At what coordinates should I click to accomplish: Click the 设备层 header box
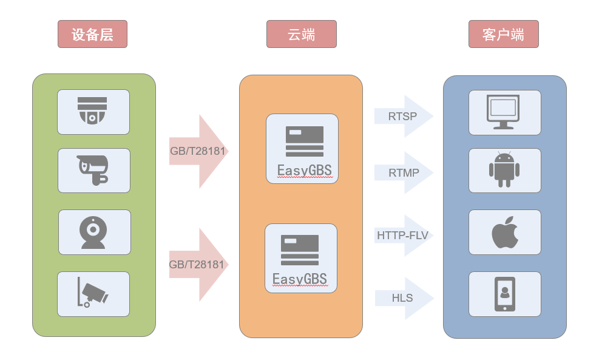click(92, 34)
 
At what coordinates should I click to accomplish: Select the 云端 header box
click(302, 34)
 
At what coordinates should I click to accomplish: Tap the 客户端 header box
click(504, 34)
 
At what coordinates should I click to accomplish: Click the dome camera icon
click(92, 110)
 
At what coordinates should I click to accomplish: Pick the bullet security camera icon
click(93, 170)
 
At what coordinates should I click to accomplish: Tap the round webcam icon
click(93, 233)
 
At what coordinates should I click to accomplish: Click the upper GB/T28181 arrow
click(198, 151)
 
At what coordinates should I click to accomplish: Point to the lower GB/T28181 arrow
click(198, 265)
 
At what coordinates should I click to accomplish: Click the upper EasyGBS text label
click(305, 171)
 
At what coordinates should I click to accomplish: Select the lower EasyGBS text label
click(300, 279)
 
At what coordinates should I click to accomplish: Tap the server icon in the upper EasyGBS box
click(305, 141)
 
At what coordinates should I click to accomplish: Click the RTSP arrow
click(404, 116)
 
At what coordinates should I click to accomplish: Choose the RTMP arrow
click(404, 173)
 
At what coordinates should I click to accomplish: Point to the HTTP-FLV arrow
click(404, 236)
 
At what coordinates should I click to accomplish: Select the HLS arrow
click(404, 298)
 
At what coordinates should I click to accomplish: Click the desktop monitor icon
click(503, 112)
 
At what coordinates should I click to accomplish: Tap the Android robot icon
click(504, 170)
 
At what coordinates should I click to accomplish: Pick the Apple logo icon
click(505, 233)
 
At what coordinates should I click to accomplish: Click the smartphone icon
click(505, 294)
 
